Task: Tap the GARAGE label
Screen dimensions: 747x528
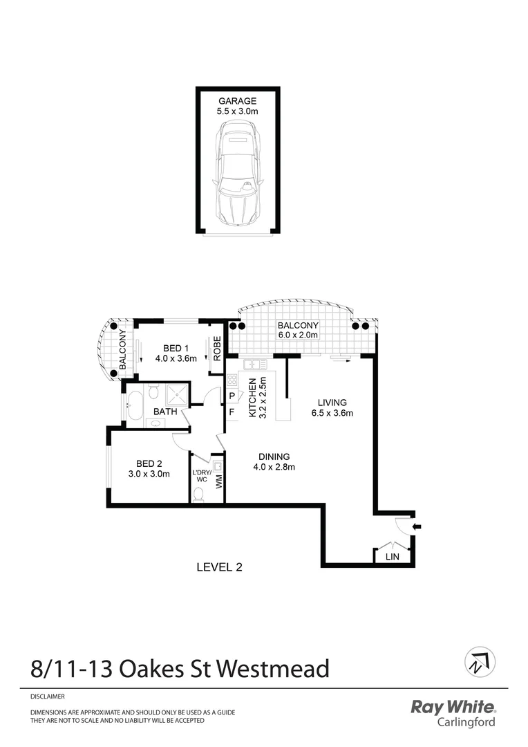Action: (238, 101)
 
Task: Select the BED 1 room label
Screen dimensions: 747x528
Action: (176, 348)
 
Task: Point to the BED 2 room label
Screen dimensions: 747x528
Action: (149, 463)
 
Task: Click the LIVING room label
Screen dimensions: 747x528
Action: (332, 403)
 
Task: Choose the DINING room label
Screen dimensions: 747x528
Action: (274, 456)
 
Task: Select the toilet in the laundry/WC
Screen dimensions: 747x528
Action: (198, 494)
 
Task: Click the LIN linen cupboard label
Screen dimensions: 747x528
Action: (391, 556)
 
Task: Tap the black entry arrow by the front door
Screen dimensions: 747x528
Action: (416, 528)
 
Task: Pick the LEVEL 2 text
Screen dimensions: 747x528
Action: (219, 567)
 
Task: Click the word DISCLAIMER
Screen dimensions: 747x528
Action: (48, 697)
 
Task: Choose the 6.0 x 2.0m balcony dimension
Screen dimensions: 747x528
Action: (298, 335)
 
